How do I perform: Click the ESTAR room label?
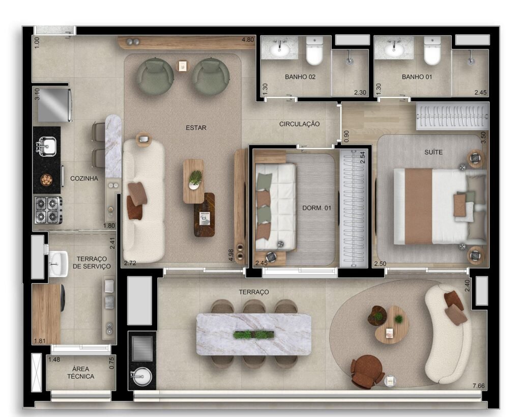pos(196,128)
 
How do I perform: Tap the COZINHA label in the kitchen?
pos(84,179)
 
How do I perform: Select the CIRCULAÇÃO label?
pos(299,124)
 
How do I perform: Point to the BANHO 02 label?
pos(300,77)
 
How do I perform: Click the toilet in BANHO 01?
pos(432,50)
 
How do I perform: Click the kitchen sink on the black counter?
pos(46,146)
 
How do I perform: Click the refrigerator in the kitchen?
pos(54,105)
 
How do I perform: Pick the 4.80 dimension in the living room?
pos(248,40)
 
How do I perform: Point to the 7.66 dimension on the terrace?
pos(478,386)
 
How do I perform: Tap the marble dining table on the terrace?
pos(254,334)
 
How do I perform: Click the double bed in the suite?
pos(440,207)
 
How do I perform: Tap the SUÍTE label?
pos(433,152)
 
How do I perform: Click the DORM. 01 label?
pos(316,208)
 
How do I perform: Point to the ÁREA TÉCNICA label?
pos(81,373)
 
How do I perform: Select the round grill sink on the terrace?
pos(142,377)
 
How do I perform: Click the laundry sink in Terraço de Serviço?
pos(58,264)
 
